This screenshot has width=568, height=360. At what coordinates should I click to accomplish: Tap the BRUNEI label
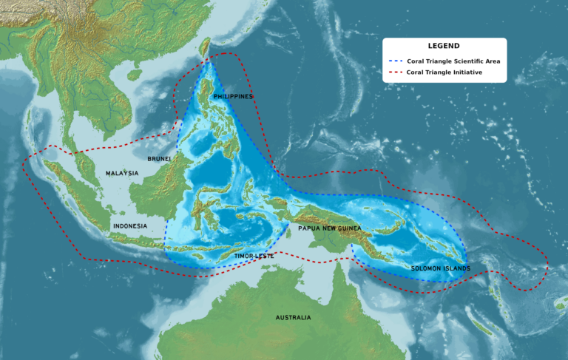(159, 159)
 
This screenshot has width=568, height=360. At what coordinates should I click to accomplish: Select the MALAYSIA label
(121, 173)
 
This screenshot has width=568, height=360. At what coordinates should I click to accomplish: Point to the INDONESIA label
(129, 225)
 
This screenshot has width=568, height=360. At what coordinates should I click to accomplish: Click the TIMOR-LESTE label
(254, 256)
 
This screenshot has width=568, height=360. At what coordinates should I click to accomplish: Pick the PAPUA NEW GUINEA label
(329, 228)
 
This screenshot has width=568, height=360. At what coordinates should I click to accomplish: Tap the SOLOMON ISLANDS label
(440, 268)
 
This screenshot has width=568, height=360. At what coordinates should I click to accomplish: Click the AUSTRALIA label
(293, 317)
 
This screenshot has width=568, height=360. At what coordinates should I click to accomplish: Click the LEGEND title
(444, 46)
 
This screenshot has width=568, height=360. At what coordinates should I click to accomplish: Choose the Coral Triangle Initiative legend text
(444, 73)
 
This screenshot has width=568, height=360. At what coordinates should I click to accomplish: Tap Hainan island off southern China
(134, 74)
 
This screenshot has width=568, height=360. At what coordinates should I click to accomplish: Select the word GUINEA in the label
(348, 228)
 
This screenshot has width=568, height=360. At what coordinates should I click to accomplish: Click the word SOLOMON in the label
(427, 268)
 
